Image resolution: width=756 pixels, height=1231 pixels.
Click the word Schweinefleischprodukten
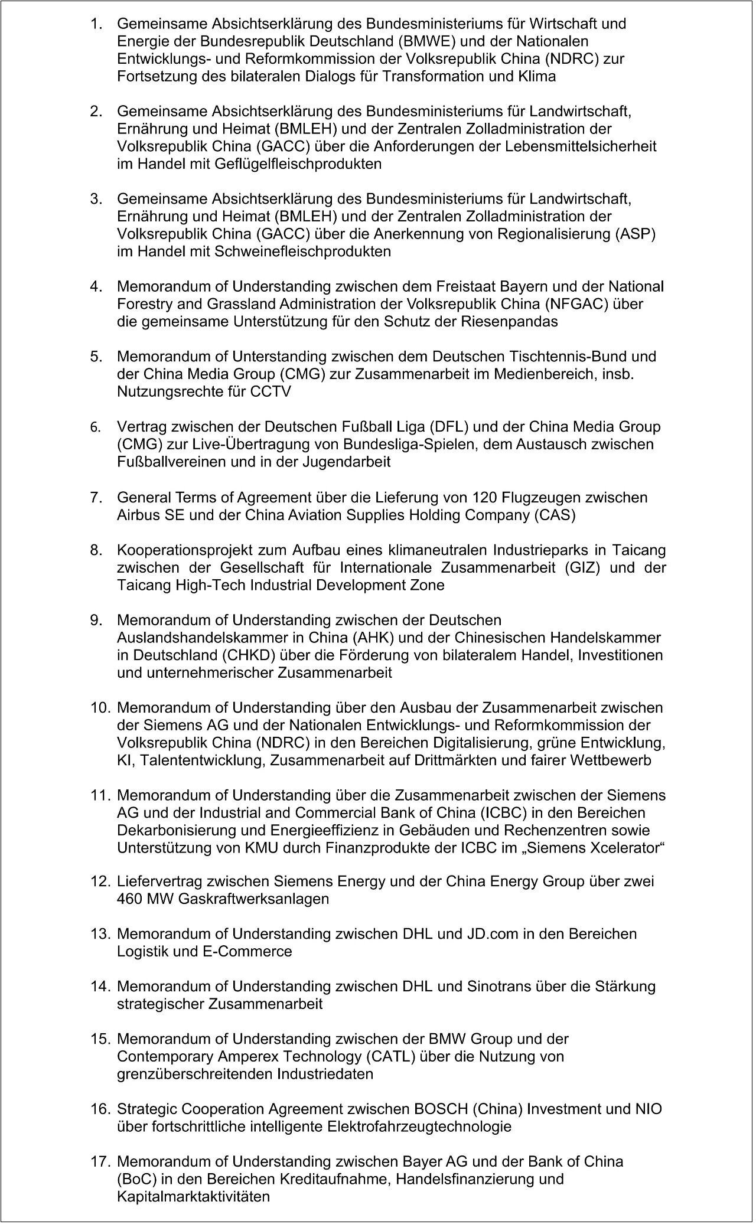point(303,252)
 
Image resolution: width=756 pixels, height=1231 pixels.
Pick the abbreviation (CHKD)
point(247,655)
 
